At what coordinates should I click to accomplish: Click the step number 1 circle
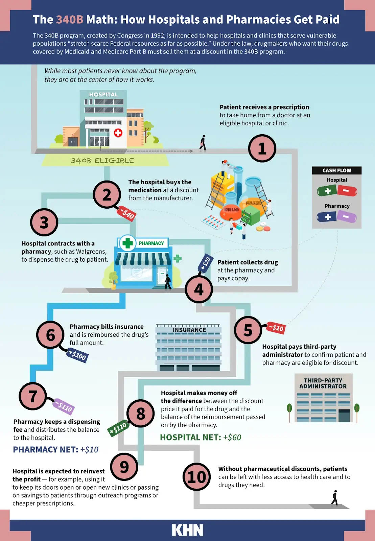click(262, 148)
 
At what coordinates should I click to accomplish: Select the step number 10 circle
click(196, 477)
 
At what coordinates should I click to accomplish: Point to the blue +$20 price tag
click(205, 263)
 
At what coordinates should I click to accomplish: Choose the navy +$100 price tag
click(77, 355)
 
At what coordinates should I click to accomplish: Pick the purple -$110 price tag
click(64, 406)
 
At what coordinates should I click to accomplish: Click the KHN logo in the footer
click(187, 530)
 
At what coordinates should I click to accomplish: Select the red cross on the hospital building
click(118, 133)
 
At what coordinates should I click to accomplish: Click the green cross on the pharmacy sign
click(127, 243)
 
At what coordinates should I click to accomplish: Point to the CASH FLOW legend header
click(336, 170)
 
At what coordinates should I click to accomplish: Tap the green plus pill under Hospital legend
click(327, 191)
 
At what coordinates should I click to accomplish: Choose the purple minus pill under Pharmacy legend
click(347, 217)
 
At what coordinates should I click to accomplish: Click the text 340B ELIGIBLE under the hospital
click(102, 161)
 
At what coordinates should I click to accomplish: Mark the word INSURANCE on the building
click(189, 330)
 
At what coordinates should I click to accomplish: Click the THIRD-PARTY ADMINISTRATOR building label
click(323, 383)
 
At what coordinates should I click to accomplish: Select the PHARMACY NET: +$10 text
click(56, 449)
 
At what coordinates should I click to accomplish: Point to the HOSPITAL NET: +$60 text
click(201, 437)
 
